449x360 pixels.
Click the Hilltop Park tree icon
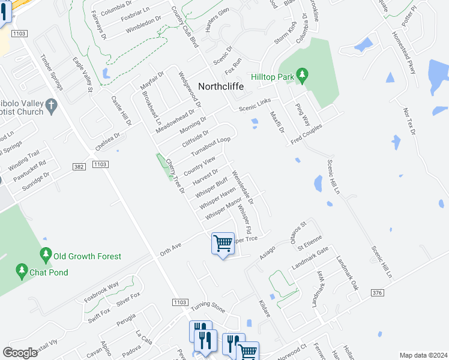click(x=303, y=76)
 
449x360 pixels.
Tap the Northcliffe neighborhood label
click(x=217, y=86)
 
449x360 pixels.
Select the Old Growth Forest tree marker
click(x=46, y=256)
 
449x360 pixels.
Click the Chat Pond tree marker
click(x=22, y=272)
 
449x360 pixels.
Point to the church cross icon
click(x=52, y=107)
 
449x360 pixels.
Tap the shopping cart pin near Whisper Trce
click(x=223, y=244)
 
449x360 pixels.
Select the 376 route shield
click(x=376, y=292)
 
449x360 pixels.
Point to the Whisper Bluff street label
click(x=211, y=186)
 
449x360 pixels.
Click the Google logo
click(x=20, y=353)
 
